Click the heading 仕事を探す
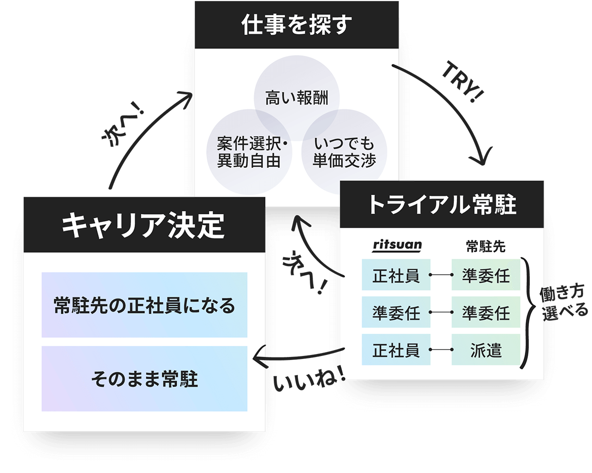296,25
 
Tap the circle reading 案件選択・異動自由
248,153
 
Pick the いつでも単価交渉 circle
344,153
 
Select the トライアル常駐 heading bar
442,205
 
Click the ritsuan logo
397,245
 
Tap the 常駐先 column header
485,246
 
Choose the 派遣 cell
486,350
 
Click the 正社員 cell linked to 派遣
396,350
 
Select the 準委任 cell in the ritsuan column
396,313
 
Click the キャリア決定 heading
144,225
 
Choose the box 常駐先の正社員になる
144,305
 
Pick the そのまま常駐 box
144,379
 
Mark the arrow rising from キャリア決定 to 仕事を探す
148,133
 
